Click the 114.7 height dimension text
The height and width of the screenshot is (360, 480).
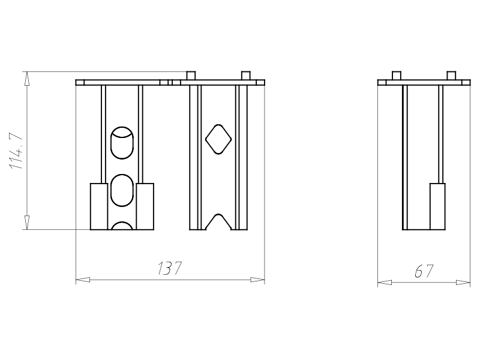click(x=16, y=151)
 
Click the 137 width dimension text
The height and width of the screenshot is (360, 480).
click(x=170, y=268)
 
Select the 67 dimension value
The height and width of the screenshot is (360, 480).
click(x=424, y=271)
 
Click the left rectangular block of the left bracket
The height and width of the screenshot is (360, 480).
click(x=99, y=206)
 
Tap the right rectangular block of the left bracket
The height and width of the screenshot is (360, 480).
click(x=145, y=206)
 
